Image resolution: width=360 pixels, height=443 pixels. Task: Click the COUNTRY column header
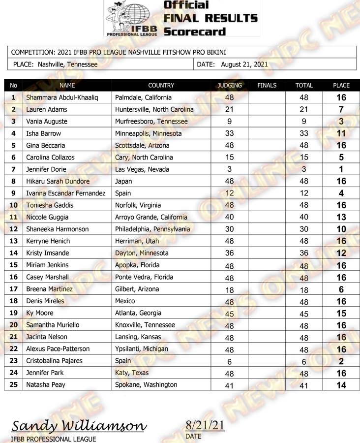tap(161, 86)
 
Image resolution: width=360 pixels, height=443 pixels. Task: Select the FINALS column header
tap(267, 86)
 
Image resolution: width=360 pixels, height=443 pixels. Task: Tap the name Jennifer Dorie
tap(46, 169)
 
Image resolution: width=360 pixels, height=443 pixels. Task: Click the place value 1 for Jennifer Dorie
tap(341, 169)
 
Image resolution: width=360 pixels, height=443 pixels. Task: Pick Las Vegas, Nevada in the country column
tap(142, 169)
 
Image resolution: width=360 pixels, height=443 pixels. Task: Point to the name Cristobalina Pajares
tap(54, 361)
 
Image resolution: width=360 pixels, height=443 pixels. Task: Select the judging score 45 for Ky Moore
tap(229, 313)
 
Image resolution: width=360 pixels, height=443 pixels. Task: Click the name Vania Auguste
tap(47, 122)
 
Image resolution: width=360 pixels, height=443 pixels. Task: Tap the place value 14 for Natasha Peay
tap(341, 385)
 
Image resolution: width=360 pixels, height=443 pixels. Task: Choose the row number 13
tap(13, 241)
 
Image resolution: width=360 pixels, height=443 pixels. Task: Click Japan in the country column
tap(123, 181)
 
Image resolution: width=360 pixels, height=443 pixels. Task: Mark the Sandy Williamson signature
tap(79, 426)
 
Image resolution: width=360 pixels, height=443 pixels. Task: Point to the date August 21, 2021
tap(244, 64)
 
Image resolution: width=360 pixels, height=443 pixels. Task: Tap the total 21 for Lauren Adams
tap(304, 109)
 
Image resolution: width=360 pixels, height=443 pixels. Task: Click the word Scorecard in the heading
tap(194, 32)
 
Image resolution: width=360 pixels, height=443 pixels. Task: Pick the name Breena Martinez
tap(49, 289)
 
